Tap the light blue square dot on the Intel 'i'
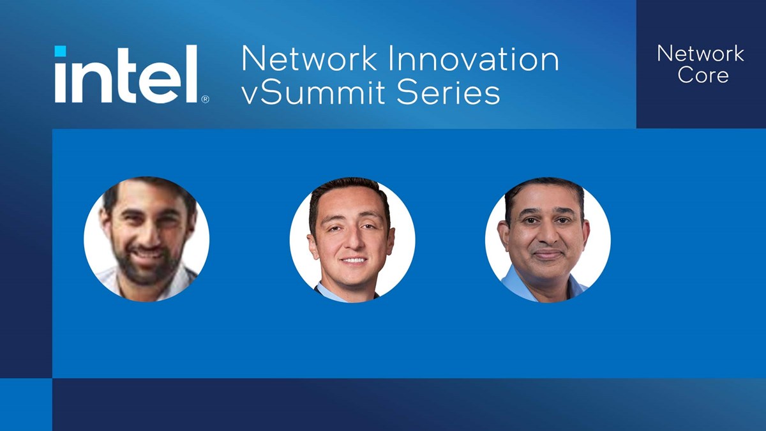pyautogui.click(x=60, y=51)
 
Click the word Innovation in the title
pyautogui.click(x=474, y=59)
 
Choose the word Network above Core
pyautogui.click(x=700, y=53)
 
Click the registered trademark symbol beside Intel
pyautogui.click(x=205, y=99)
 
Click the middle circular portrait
pyautogui.click(x=352, y=240)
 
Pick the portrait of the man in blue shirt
pyautogui.click(x=547, y=240)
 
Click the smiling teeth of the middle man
pyautogui.click(x=354, y=261)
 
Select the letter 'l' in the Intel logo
pyautogui.click(x=192, y=74)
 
